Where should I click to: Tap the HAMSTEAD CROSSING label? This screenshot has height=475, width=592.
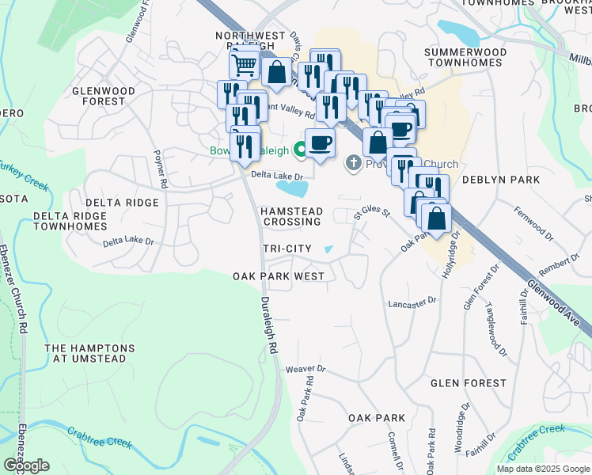coord(292,216)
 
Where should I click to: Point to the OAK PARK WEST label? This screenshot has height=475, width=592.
coord(279,276)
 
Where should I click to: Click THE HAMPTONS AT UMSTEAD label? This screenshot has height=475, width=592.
coord(89,353)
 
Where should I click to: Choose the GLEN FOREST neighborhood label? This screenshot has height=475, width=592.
coord(468,382)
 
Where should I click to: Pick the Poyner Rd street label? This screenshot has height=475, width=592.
coord(161,169)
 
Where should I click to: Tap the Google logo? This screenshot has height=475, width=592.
coord(26,465)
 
